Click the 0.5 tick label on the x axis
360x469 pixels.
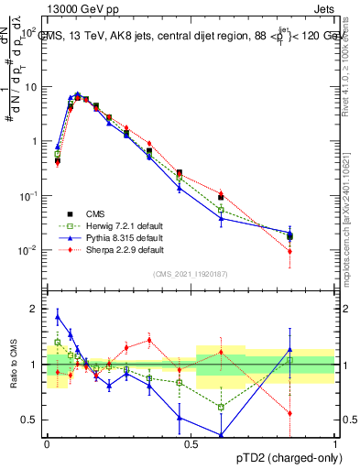click(x=191, y=442)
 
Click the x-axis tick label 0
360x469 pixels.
click(x=47, y=442)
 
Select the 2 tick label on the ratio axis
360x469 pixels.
click(x=34, y=309)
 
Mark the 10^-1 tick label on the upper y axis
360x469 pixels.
click(x=27, y=196)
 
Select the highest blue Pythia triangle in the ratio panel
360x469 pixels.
click(x=58, y=317)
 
